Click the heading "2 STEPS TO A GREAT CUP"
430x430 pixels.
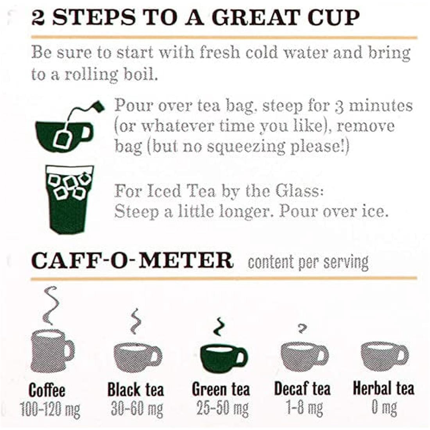[195, 18]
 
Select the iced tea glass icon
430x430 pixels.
[70, 199]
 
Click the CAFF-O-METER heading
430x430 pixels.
[133, 260]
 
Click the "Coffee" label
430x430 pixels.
[47, 391]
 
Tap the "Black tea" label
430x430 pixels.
[136, 390]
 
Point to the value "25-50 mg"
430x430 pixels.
[223, 408]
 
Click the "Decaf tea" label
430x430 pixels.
[302, 389]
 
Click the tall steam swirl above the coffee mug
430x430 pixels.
[50, 305]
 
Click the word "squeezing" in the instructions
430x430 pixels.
[246, 147]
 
